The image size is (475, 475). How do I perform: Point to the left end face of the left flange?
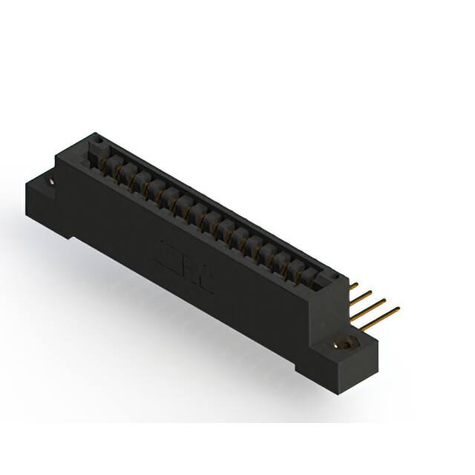[33, 194]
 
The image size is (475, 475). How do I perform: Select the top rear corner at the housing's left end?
[94, 134]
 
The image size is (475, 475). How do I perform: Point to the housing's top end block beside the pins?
[338, 281]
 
